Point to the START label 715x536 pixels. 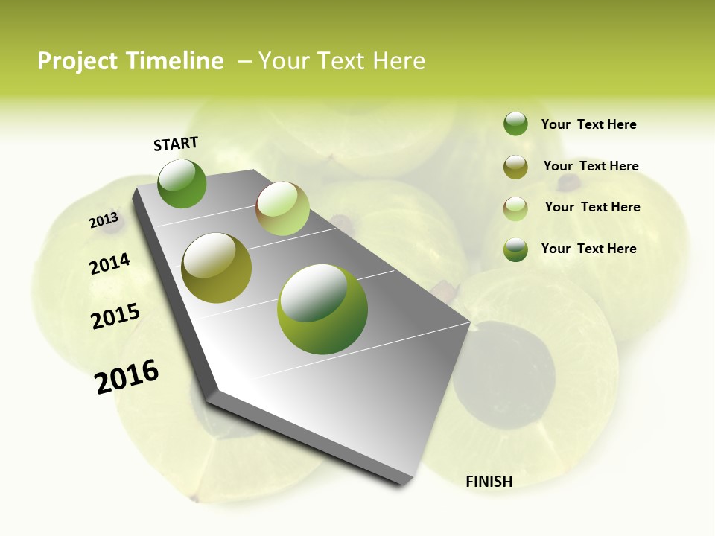pyautogui.click(x=176, y=144)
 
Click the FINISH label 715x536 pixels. pyautogui.click(x=489, y=482)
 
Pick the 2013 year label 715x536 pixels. pyautogui.click(x=104, y=220)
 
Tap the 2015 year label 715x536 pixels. pyautogui.click(x=115, y=316)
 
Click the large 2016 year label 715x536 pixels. pyautogui.click(x=127, y=377)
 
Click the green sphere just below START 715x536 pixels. pyautogui.click(x=182, y=183)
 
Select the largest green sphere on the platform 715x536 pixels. pyautogui.click(x=322, y=309)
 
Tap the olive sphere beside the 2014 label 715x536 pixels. pyautogui.click(x=216, y=268)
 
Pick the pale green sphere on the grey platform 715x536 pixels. pyautogui.click(x=282, y=208)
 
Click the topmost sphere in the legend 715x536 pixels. pyautogui.click(x=515, y=124)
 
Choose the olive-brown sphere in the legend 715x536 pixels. pyautogui.click(x=515, y=167)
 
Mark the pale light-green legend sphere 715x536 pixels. pyautogui.click(x=515, y=208)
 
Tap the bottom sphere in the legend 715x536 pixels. pyautogui.click(x=515, y=249)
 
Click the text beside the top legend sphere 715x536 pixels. pyautogui.click(x=588, y=125)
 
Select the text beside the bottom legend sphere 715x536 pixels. pyautogui.click(x=588, y=249)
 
